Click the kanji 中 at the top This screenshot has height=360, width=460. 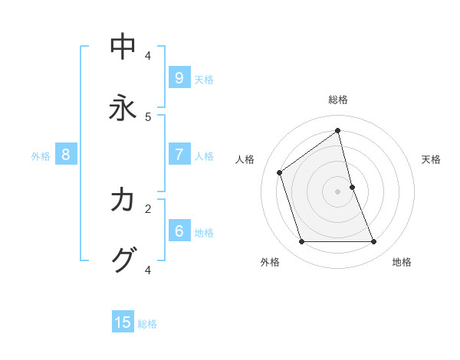tap(123, 47)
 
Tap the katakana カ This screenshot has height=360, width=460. tap(123, 200)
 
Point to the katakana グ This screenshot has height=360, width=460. tap(123, 260)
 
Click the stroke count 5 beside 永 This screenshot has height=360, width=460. tap(148, 117)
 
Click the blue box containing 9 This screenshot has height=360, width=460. tap(179, 78)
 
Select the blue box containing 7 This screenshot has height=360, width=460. tap(179, 155)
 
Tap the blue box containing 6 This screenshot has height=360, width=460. tap(179, 231)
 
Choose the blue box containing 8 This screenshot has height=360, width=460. tap(66, 155)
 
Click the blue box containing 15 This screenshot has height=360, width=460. tap(123, 322)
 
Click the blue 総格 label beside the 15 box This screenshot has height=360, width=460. tap(147, 324)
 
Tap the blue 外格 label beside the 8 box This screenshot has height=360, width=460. tap(41, 156)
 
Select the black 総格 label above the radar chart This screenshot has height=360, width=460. tap(338, 100)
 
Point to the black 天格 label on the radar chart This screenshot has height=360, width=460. tap(431, 159)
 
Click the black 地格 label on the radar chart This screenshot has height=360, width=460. tap(402, 262)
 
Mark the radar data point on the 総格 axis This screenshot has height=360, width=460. tap(338, 130)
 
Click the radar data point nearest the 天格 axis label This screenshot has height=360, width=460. tap(353, 187)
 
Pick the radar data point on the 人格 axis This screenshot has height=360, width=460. tap(280, 172)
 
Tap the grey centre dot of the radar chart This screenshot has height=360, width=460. tap(338, 191)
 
